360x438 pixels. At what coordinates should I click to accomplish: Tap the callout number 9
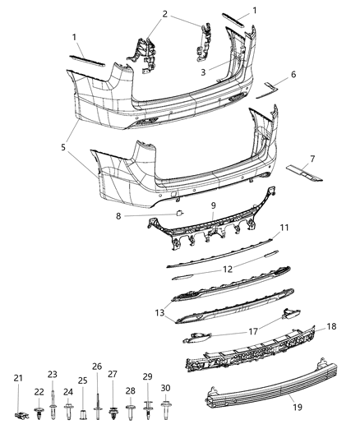tap(213, 205)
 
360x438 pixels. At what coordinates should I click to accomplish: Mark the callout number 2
tap(165, 14)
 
